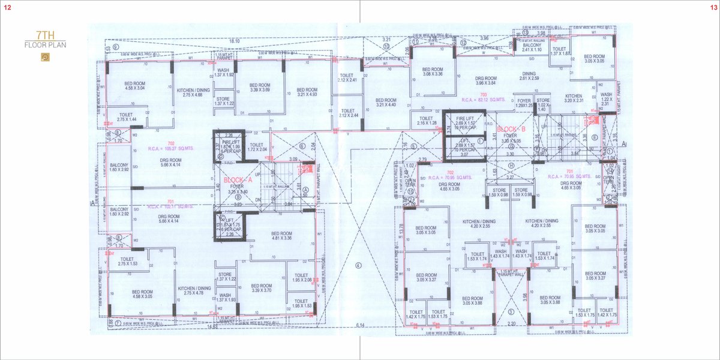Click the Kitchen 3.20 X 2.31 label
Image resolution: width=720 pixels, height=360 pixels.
[573, 98]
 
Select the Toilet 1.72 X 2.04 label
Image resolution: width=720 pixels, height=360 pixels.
[256, 147]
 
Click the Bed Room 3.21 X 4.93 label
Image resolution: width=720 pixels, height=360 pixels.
[307, 92]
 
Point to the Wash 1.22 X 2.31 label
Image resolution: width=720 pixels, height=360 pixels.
[606, 99]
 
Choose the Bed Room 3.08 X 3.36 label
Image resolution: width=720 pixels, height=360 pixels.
[432, 71]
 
